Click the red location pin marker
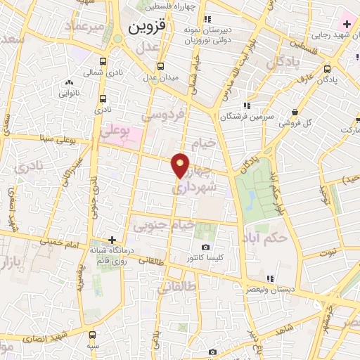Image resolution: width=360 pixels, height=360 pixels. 181,165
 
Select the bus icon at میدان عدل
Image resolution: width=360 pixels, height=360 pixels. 161,66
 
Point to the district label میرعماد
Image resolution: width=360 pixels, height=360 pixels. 84,27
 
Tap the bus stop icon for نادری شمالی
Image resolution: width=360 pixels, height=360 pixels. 103,62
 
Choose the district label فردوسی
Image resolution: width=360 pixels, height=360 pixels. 162,113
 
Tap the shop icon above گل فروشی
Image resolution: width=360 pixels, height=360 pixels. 295,112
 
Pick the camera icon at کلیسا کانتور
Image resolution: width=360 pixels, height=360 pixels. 205,247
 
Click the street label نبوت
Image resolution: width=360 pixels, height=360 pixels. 328,251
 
